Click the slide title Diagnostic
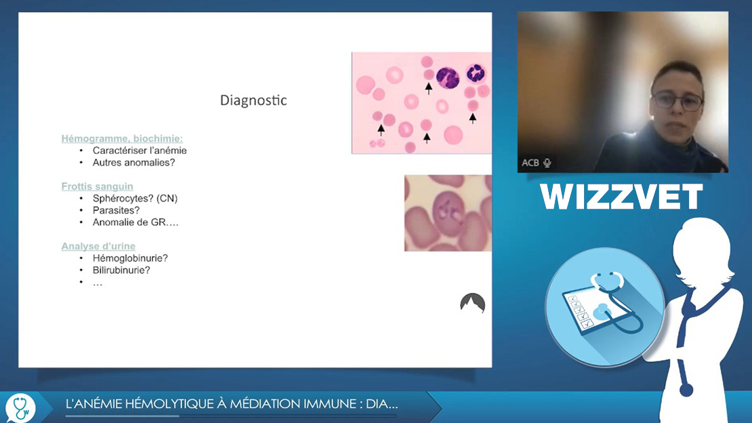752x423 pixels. click(x=253, y=100)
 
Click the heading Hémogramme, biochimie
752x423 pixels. click(x=122, y=139)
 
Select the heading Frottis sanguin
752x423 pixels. click(x=98, y=186)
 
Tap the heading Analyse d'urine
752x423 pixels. click(x=98, y=246)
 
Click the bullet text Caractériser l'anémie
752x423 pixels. click(x=140, y=150)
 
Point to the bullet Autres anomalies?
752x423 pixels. click(x=134, y=162)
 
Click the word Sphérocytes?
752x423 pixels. click(x=123, y=199)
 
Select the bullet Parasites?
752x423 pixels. click(x=116, y=210)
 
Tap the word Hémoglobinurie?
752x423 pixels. click(x=130, y=258)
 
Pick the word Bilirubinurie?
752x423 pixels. click(x=121, y=270)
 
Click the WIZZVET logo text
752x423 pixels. click(x=621, y=197)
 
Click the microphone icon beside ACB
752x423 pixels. click(x=547, y=163)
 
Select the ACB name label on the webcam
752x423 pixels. click(x=530, y=163)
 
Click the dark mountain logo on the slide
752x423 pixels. click(x=472, y=303)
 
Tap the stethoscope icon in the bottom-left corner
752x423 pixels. click(x=20, y=407)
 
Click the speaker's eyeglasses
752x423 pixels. click(x=677, y=101)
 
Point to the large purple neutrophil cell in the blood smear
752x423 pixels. click(x=447, y=78)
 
